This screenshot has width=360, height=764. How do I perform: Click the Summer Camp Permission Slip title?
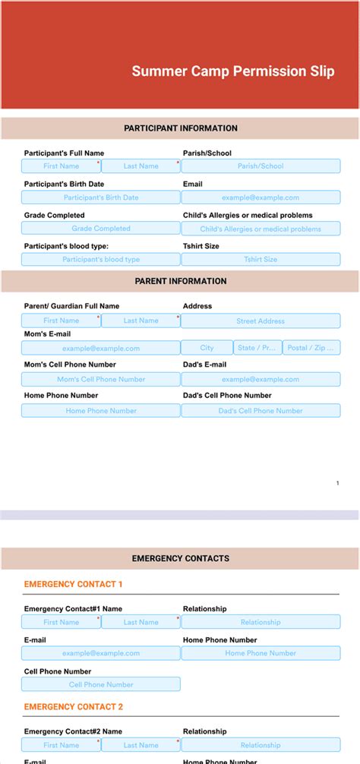coord(232,71)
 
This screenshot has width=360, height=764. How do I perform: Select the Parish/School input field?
coord(261,166)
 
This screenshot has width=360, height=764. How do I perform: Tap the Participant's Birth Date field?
coord(101,197)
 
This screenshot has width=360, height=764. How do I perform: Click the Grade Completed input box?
coord(101,229)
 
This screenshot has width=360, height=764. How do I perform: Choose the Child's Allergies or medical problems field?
coord(261,229)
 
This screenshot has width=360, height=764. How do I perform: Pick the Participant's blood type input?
coord(101,260)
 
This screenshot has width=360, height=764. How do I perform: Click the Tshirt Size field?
coord(261,260)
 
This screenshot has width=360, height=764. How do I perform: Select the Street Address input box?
coord(261,321)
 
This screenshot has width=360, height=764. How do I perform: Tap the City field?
coord(207,348)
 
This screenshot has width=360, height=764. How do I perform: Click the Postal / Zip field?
coord(311,348)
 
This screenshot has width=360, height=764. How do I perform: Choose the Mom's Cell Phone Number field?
coord(101,380)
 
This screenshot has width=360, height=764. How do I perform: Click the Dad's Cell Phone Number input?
coord(261,411)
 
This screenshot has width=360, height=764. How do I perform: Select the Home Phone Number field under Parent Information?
coord(101,411)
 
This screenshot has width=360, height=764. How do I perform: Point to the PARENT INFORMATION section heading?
coord(181,281)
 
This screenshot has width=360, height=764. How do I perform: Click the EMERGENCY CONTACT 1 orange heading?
coord(73,584)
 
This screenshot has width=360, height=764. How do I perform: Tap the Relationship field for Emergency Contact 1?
coord(261,622)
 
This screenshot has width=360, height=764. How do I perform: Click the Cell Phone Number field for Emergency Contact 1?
coord(101,684)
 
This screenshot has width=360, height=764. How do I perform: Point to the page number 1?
coord(338,483)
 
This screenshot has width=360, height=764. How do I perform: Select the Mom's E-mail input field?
coord(101,349)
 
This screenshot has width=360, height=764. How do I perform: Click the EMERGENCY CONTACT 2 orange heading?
coord(73,707)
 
